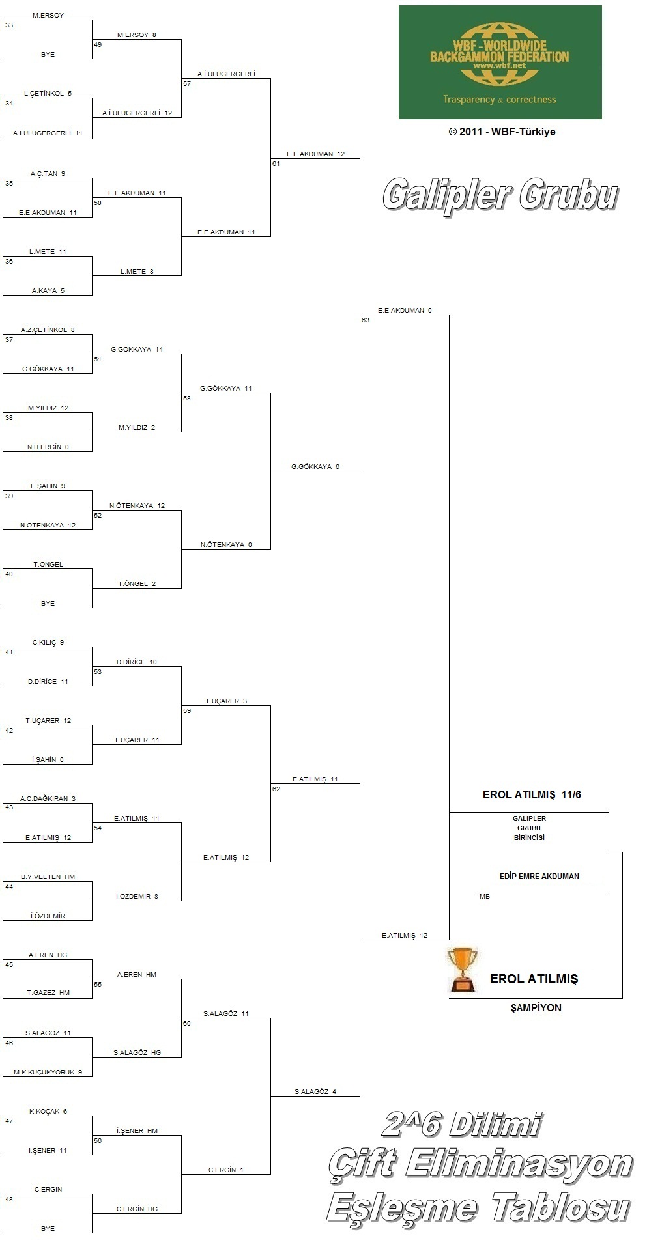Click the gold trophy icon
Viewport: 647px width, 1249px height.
click(462, 970)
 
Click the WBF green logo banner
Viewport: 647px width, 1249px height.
click(500, 63)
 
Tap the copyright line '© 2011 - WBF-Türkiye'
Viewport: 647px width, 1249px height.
click(502, 132)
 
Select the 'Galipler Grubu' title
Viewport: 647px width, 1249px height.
click(500, 195)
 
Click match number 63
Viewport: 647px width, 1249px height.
click(366, 320)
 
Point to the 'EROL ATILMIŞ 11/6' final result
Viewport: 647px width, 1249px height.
click(532, 794)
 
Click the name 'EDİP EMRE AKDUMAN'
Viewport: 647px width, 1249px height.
click(539, 877)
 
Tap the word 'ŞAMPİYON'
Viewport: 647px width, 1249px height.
click(536, 1007)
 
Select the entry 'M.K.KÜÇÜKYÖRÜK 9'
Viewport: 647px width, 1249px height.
click(48, 1072)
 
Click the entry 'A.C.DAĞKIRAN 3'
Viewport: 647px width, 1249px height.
click(48, 798)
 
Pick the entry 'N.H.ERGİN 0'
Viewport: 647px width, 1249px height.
click(48, 447)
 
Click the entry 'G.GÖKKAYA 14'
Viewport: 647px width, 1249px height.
click(137, 350)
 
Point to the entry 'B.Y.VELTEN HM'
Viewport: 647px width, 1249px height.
click(48, 877)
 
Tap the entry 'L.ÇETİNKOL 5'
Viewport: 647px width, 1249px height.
click(48, 94)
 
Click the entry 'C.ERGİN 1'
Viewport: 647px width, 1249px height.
click(225, 1170)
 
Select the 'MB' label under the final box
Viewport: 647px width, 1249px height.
click(484, 897)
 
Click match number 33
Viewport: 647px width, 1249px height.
click(9, 25)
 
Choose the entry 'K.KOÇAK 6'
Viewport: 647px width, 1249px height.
click(48, 1111)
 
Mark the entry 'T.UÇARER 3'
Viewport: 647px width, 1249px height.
click(226, 701)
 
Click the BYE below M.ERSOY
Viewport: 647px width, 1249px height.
click(48, 55)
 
